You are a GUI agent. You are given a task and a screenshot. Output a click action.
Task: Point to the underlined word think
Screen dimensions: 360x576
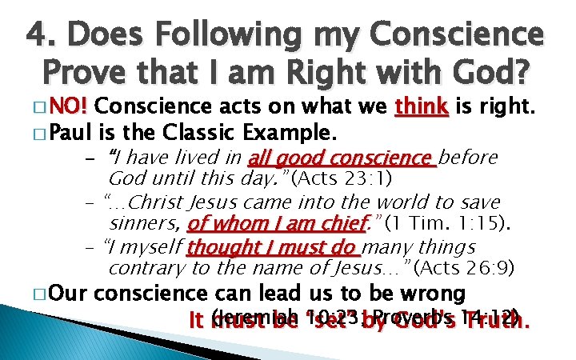tap(422, 107)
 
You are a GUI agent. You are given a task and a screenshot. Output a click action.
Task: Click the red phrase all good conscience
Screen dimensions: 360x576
tap(342, 157)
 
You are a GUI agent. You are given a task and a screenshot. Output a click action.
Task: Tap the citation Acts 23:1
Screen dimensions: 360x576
tap(342, 177)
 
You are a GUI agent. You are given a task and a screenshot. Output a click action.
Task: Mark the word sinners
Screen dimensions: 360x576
tap(144, 222)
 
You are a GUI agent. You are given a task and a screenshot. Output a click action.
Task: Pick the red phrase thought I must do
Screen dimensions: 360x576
tap(254, 248)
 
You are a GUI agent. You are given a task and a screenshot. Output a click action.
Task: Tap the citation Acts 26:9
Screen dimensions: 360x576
tap(465, 267)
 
